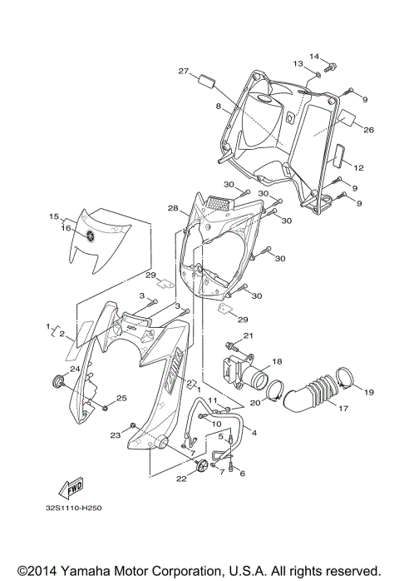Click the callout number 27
[184, 72]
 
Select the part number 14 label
[315, 57]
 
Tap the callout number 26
[369, 129]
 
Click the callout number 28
[172, 208]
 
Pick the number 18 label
[277, 362]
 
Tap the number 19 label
[368, 391]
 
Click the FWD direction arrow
[70, 487]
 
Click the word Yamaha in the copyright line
[113, 570]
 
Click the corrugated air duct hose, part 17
[309, 397]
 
